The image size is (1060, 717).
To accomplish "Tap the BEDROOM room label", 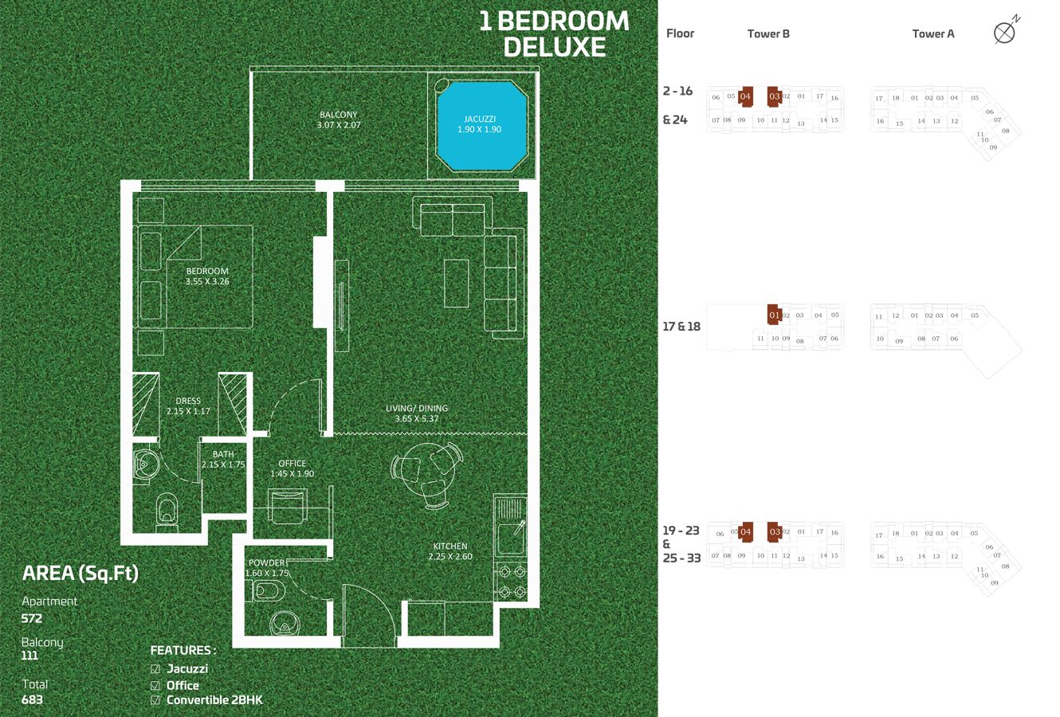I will pos(207,272).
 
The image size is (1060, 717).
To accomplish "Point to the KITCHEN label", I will pos(450,547).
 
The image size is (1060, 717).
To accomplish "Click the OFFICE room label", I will pos(292,464).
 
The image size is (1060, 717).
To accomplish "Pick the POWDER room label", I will pos(266,563).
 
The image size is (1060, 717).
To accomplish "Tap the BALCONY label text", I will pos(338,115).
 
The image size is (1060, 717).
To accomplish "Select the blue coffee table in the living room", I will pos(457,282).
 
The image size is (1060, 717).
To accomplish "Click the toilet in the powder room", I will pos(268,590).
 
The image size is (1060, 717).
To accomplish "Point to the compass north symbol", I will pos(1005,33).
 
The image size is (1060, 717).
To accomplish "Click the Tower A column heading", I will pos(933,33).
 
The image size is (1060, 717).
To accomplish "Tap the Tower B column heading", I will pos(768,33).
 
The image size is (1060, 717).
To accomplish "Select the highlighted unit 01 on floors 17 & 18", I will pos(774,315).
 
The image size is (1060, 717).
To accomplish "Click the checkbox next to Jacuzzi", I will pos(155,669).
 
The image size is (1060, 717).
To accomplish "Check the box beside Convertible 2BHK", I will pos(155,700).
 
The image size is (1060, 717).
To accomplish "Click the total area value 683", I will pos(33,699).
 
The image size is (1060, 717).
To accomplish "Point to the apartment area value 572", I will pos(33,617).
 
